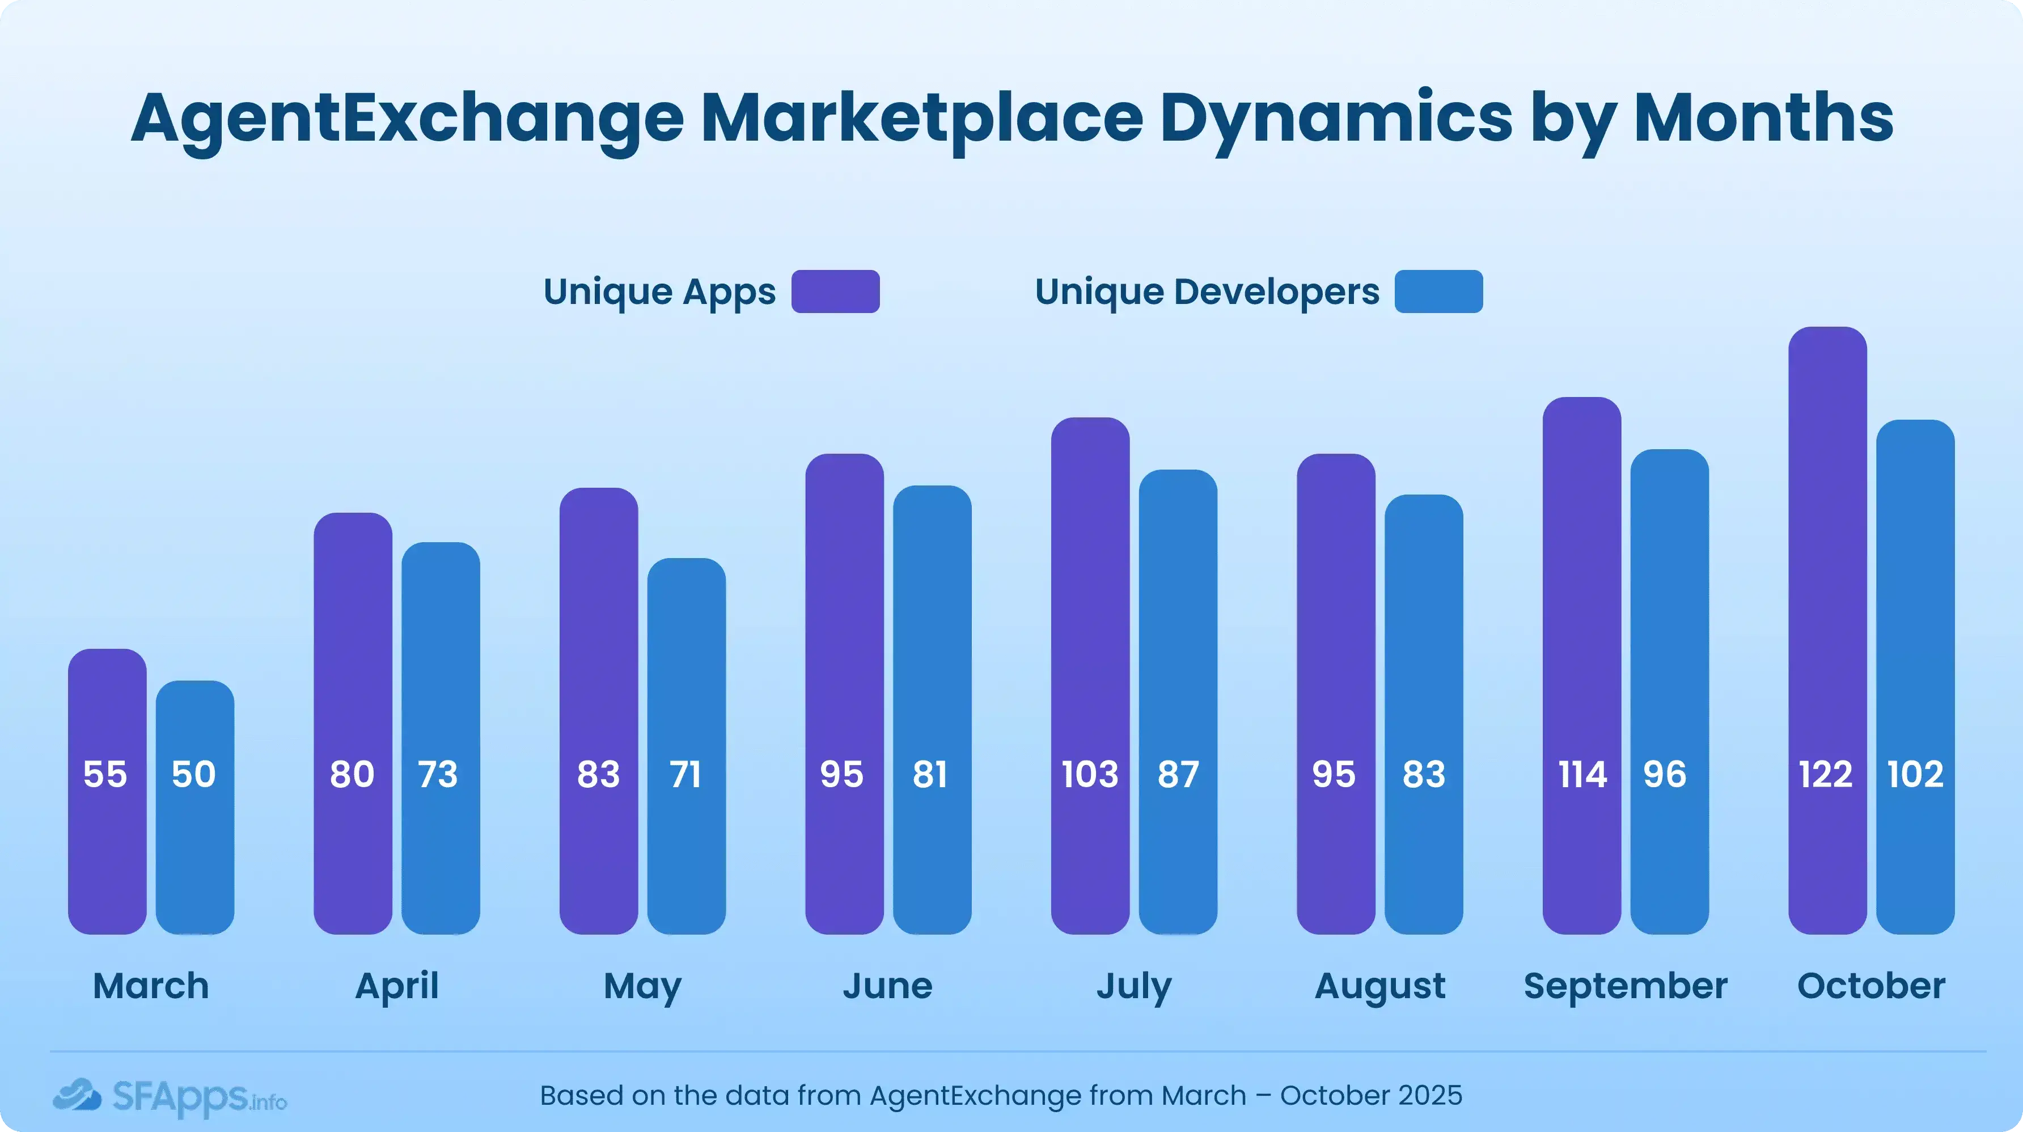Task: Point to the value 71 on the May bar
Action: (685, 775)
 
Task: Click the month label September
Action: (1625, 986)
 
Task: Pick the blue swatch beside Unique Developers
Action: (1438, 292)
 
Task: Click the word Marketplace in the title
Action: (921, 119)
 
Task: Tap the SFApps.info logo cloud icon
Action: (77, 1095)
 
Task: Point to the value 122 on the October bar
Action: (1825, 775)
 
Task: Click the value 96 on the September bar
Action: (1664, 775)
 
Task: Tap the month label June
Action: (887, 986)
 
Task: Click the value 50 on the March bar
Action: (193, 775)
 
